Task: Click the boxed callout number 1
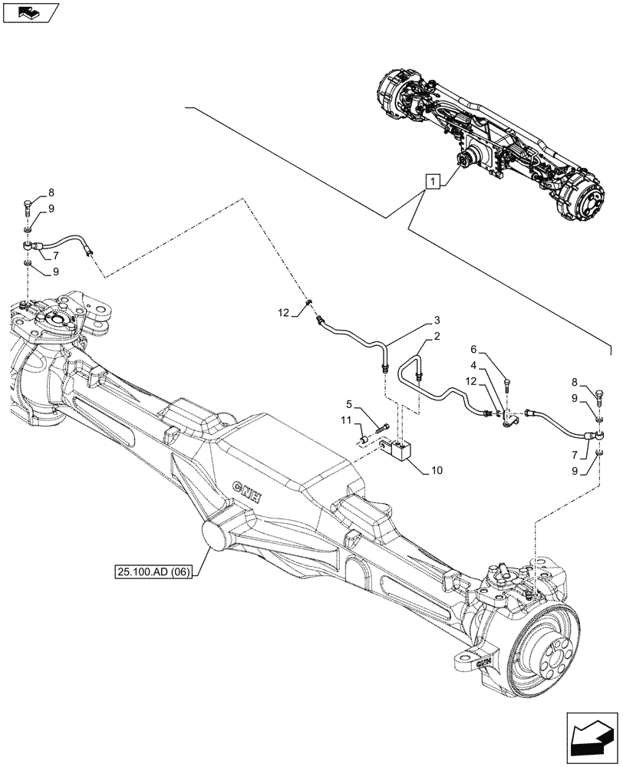[x=433, y=182]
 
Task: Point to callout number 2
[x=436, y=337]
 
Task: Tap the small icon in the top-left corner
[x=28, y=12]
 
